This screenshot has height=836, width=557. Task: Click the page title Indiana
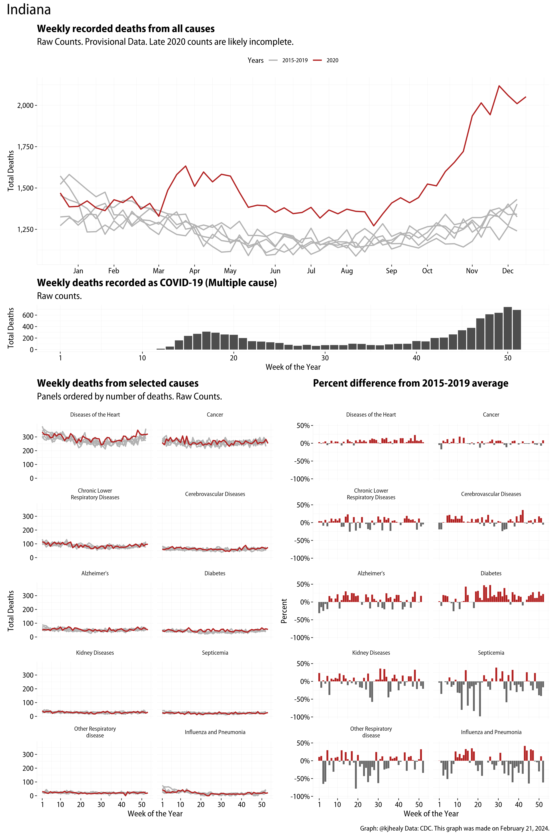pos(29,10)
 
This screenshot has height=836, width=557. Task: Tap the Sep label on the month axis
pos(391,271)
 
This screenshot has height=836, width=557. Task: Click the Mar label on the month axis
pos(158,271)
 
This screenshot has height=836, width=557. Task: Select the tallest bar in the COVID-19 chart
pos(508,328)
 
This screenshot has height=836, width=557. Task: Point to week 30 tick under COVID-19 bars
pos(325,358)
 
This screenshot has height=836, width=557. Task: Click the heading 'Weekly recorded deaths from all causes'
pos(126,29)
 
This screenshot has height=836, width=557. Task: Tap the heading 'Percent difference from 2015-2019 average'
pos(410,383)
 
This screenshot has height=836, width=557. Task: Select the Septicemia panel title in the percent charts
pos(491,653)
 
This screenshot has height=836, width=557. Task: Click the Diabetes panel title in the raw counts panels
pos(215,573)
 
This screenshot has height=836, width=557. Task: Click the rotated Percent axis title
pos(284,611)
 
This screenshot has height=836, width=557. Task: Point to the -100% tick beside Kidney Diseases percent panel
pos(300,717)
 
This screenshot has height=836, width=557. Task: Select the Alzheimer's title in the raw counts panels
pos(95,573)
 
